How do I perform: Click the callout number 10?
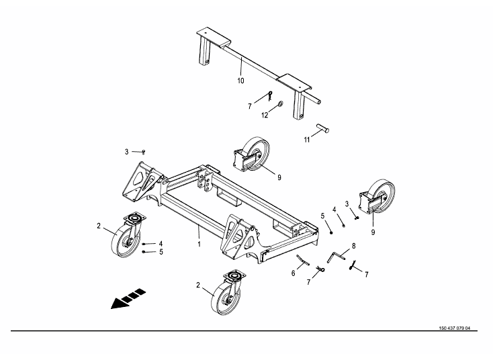click(240, 81)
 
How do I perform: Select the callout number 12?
click(265, 116)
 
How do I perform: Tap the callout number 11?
click(307, 140)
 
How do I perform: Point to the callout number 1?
click(199, 244)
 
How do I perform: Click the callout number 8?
click(354, 246)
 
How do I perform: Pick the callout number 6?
click(293, 273)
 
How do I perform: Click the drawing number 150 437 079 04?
click(455, 328)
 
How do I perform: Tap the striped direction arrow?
click(128, 298)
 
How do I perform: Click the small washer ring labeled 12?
click(281, 103)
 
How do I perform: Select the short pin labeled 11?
click(322, 128)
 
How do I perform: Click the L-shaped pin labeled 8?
click(336, 256)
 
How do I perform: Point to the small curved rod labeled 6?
click(303, 260)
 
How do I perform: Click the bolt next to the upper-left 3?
click(143, 152)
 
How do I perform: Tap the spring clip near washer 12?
click(270, 95)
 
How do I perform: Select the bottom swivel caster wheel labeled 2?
click(227, 292)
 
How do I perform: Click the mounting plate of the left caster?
click(135, 218)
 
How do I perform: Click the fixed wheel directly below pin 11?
click(251, 154)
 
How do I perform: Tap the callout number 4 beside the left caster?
click(161, 244)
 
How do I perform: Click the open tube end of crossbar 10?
click(319, 102)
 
